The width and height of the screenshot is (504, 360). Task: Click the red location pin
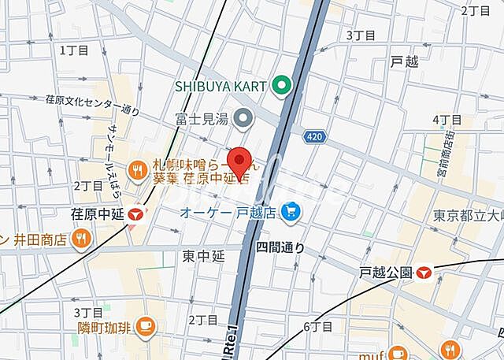[240, 163]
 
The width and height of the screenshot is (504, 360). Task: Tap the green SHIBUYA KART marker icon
[281, 85]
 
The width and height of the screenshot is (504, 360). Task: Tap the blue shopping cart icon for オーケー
[293, 211]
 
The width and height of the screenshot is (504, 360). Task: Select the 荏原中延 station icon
[138, 213]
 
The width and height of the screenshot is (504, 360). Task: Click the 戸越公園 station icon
[425, 273]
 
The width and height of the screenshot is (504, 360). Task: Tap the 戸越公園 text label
[386, 273]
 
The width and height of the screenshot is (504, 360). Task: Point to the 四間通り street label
[280, 247]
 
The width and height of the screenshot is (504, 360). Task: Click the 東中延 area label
[204, 255]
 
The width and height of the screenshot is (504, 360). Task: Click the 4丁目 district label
[447, 120]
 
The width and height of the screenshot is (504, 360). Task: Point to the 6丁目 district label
[318, 326]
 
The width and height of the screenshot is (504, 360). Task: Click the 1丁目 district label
[75, 50]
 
